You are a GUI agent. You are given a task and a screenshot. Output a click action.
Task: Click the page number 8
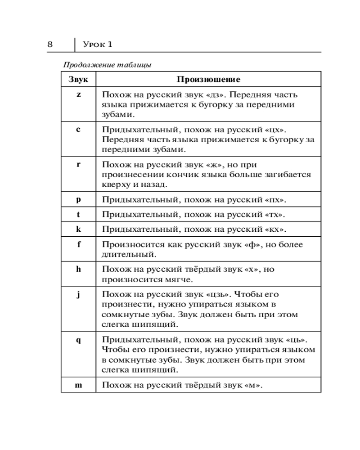(50, 44)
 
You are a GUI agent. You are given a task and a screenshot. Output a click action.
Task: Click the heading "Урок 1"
(98, 44)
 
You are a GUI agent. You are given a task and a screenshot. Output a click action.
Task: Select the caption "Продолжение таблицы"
(107, 64)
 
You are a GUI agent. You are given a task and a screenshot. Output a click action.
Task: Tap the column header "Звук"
(78, 80)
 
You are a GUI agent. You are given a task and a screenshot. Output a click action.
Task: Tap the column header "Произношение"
(208, 80)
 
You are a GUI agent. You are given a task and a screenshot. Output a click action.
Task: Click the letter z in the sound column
(78, 94)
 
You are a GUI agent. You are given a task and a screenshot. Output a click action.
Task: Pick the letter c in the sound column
(78, 129)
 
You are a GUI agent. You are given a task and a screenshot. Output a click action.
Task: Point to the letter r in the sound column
(78, 164)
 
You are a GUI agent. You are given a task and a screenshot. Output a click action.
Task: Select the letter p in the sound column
(78, 199)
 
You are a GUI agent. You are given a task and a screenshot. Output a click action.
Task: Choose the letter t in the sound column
(78, 214)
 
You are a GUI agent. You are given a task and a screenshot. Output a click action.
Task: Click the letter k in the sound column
(78, 229)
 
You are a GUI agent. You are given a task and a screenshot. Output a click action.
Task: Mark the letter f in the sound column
(78, 244)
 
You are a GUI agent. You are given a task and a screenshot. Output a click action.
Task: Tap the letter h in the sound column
(78, 269)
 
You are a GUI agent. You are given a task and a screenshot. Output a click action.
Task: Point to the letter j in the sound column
(78, 294)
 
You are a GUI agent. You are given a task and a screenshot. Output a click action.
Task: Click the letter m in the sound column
(78, 385)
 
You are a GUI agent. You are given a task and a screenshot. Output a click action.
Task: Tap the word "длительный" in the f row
(127, 255)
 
